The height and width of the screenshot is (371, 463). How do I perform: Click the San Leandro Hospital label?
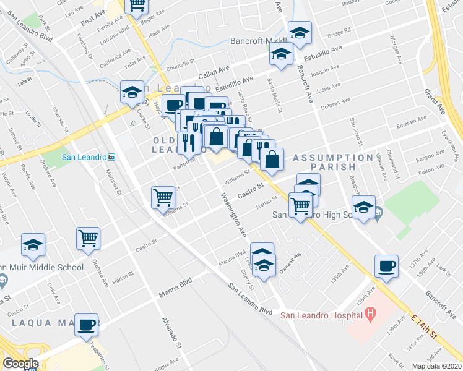pos(321,315)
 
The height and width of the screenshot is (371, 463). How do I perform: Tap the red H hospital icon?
pos(371,314)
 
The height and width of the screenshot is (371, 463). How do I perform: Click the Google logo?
pos(20,363)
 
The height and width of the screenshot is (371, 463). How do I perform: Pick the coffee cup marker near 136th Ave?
pos(386,266)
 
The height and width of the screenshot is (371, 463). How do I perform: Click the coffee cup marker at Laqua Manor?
pos(87,324)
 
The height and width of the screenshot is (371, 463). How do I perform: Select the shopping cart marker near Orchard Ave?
pos(88,238)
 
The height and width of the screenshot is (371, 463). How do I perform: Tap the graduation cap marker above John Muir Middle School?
pos(33,245)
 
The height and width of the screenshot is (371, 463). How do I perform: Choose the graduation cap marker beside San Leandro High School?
pos(363,207)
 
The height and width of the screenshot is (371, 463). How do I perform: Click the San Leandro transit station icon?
pos(111,157)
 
